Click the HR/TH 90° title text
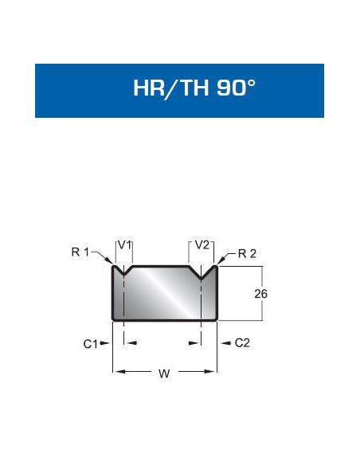point(194,88)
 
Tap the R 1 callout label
point(80,252)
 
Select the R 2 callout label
point(248,253)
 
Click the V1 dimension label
point(124,245)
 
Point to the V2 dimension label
point(202,245)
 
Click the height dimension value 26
point(260,294)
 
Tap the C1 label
point(90,344)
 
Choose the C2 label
point(242,343)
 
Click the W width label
point(164,373)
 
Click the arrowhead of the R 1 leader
point(110,261)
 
